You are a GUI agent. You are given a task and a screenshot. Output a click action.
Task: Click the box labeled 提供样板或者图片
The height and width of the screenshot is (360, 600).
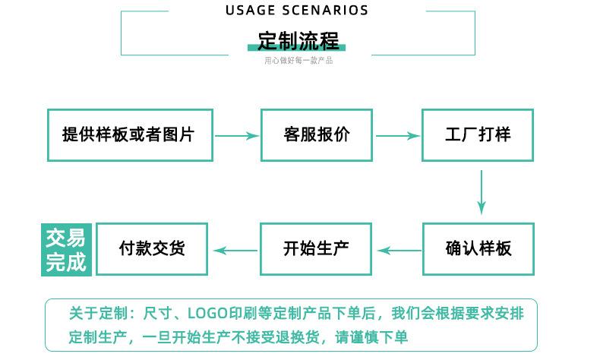(x=130, y=135)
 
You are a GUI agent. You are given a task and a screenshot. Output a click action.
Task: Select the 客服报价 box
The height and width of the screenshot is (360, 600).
(x=317, y=135)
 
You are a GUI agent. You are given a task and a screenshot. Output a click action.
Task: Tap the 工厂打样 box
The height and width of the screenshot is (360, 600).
(x=478, y=135)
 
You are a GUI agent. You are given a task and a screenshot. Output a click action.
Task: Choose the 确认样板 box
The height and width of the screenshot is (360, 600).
(x=478, y=248)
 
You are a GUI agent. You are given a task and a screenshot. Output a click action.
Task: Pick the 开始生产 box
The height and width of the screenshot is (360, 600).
(x=317, y=248)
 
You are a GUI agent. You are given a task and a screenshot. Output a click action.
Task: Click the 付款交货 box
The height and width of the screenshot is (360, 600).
(x=152, y=248)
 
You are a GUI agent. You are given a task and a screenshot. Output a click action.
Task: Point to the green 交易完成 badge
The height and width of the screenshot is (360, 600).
(x=66, y=249)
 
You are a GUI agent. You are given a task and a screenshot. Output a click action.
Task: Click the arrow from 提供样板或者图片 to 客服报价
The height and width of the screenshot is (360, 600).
(x=236, y=136)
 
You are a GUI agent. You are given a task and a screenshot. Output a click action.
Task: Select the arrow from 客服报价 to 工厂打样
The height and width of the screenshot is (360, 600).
(x=397, y=136)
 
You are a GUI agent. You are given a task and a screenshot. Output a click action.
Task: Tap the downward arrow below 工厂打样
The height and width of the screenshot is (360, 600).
(x=482, y=192)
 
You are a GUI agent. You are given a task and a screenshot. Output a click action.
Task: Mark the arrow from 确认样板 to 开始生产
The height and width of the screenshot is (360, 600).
(x=398, y=249)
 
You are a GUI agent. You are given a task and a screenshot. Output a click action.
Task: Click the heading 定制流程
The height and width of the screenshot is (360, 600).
(x=298, y=39)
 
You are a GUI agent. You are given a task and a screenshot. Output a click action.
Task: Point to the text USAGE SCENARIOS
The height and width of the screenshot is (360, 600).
(x=297, y=11)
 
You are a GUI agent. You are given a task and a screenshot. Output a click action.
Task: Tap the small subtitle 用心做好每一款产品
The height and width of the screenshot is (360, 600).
(x=298, y=61)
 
